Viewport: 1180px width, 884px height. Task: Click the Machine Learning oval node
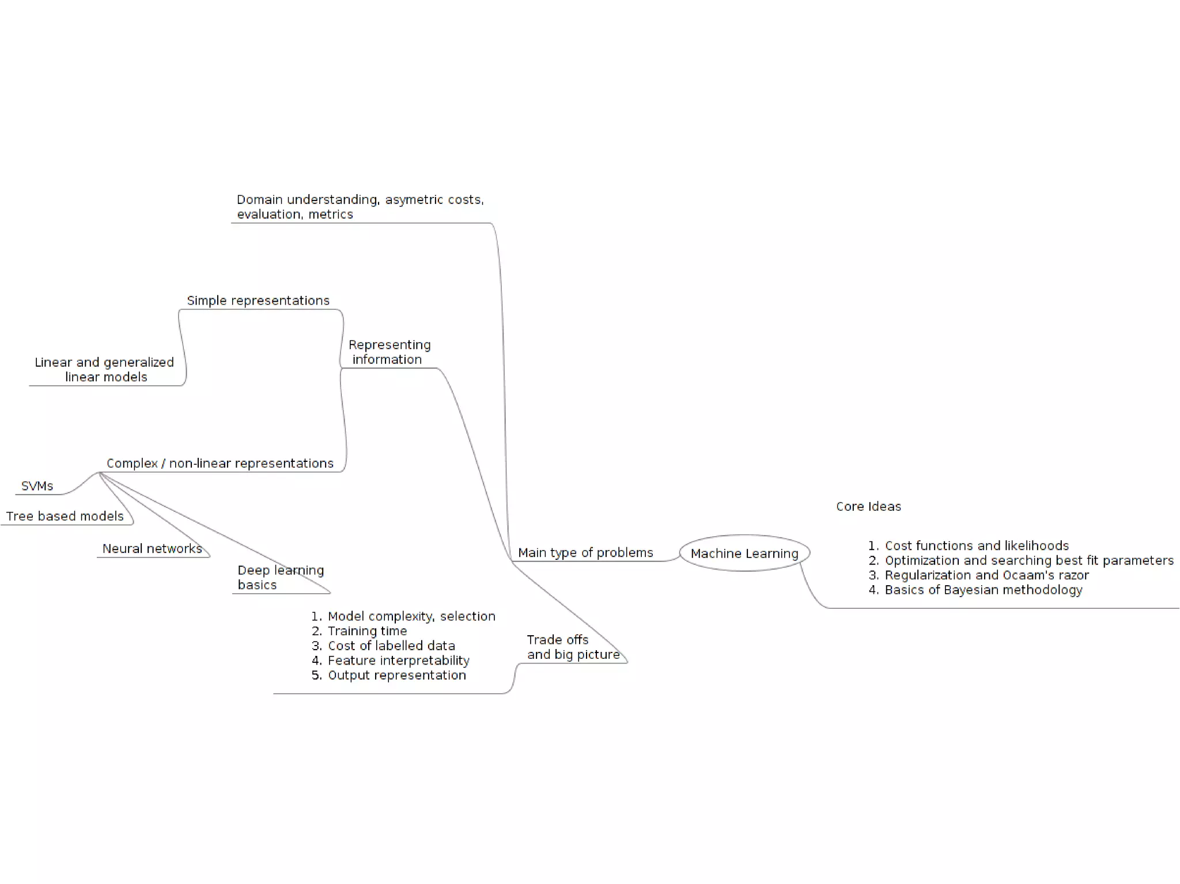[744, 553]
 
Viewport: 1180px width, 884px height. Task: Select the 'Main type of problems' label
[585, 553]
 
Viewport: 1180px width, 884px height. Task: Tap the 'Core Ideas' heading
[868, 507]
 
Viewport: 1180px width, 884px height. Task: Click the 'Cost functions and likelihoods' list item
[977, 546]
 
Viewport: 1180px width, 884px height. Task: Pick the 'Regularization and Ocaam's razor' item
[986, 575]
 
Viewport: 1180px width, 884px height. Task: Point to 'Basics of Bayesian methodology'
[984, 590]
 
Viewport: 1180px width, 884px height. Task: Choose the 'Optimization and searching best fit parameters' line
[1029, 561]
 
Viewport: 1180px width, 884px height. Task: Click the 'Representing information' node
[389, 352]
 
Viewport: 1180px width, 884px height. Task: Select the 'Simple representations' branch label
[258, 301]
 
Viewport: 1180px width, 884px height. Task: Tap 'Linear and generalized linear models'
[105, 370]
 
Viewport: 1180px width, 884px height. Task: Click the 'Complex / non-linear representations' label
[220, 464]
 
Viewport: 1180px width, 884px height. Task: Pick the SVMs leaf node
[37, 486]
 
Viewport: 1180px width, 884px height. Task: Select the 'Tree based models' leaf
[65, 517]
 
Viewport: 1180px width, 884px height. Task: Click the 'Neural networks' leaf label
[152, 549]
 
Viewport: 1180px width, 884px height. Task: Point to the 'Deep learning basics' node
[280, 578]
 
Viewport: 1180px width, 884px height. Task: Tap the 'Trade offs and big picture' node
[573, 647]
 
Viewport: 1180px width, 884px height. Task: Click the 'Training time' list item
[367, 631]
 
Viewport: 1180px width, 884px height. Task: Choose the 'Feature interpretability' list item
[398, 661]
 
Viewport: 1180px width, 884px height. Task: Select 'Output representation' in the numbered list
[396, 676]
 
